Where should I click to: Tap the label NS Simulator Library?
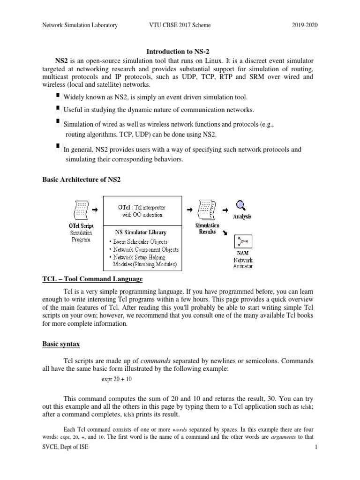[x=141, y=232]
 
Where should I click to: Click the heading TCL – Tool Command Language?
[x=92, y=279]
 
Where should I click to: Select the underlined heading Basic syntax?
[x=61, y=344]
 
